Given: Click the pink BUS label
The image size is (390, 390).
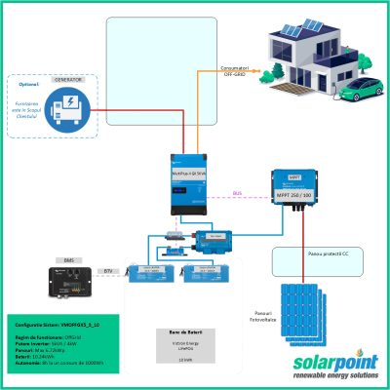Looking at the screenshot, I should click(237, 193).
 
